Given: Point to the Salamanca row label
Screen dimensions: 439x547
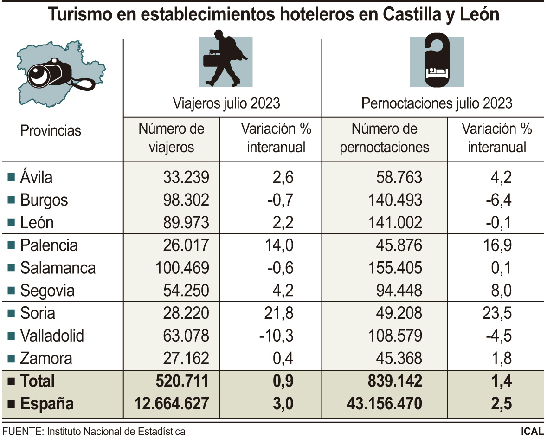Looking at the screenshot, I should tap(58, 268).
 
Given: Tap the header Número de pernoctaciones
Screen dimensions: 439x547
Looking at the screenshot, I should tap(384, 138).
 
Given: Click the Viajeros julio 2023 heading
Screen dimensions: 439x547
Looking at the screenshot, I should tap(226, 103).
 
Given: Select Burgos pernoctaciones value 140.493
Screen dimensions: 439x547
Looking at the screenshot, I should tap(394, 200).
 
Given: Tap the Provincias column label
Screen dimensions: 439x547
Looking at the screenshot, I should tap(51, 131).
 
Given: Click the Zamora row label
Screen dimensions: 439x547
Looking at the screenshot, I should tap(46, 359).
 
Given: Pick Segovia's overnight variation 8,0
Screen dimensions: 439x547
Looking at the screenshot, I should tap(501, 291).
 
